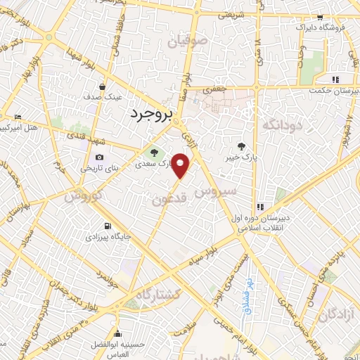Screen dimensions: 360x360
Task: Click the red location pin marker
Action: coord(181,165)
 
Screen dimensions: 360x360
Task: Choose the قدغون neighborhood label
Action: coord(169,200)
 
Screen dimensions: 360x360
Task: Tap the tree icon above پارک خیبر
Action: coord(242,146)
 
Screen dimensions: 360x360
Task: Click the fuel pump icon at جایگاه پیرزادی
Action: coord(107,226)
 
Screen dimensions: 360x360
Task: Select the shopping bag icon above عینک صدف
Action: coord(103,87)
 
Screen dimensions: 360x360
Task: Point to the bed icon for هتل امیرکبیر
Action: coord(18,117)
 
